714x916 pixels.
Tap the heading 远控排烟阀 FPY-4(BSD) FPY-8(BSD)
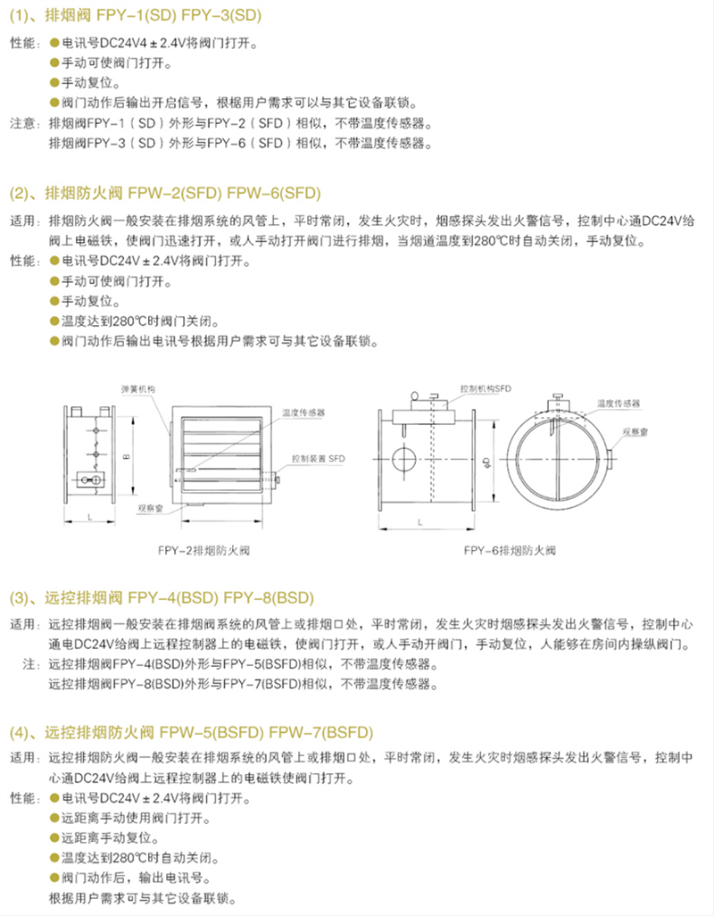click(162, 596)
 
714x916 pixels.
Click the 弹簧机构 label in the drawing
click(138, 389)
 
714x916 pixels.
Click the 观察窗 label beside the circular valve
click(635, 430)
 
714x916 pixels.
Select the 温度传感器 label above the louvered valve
click(303, 413)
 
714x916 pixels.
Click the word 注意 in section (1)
click(23, 122)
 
